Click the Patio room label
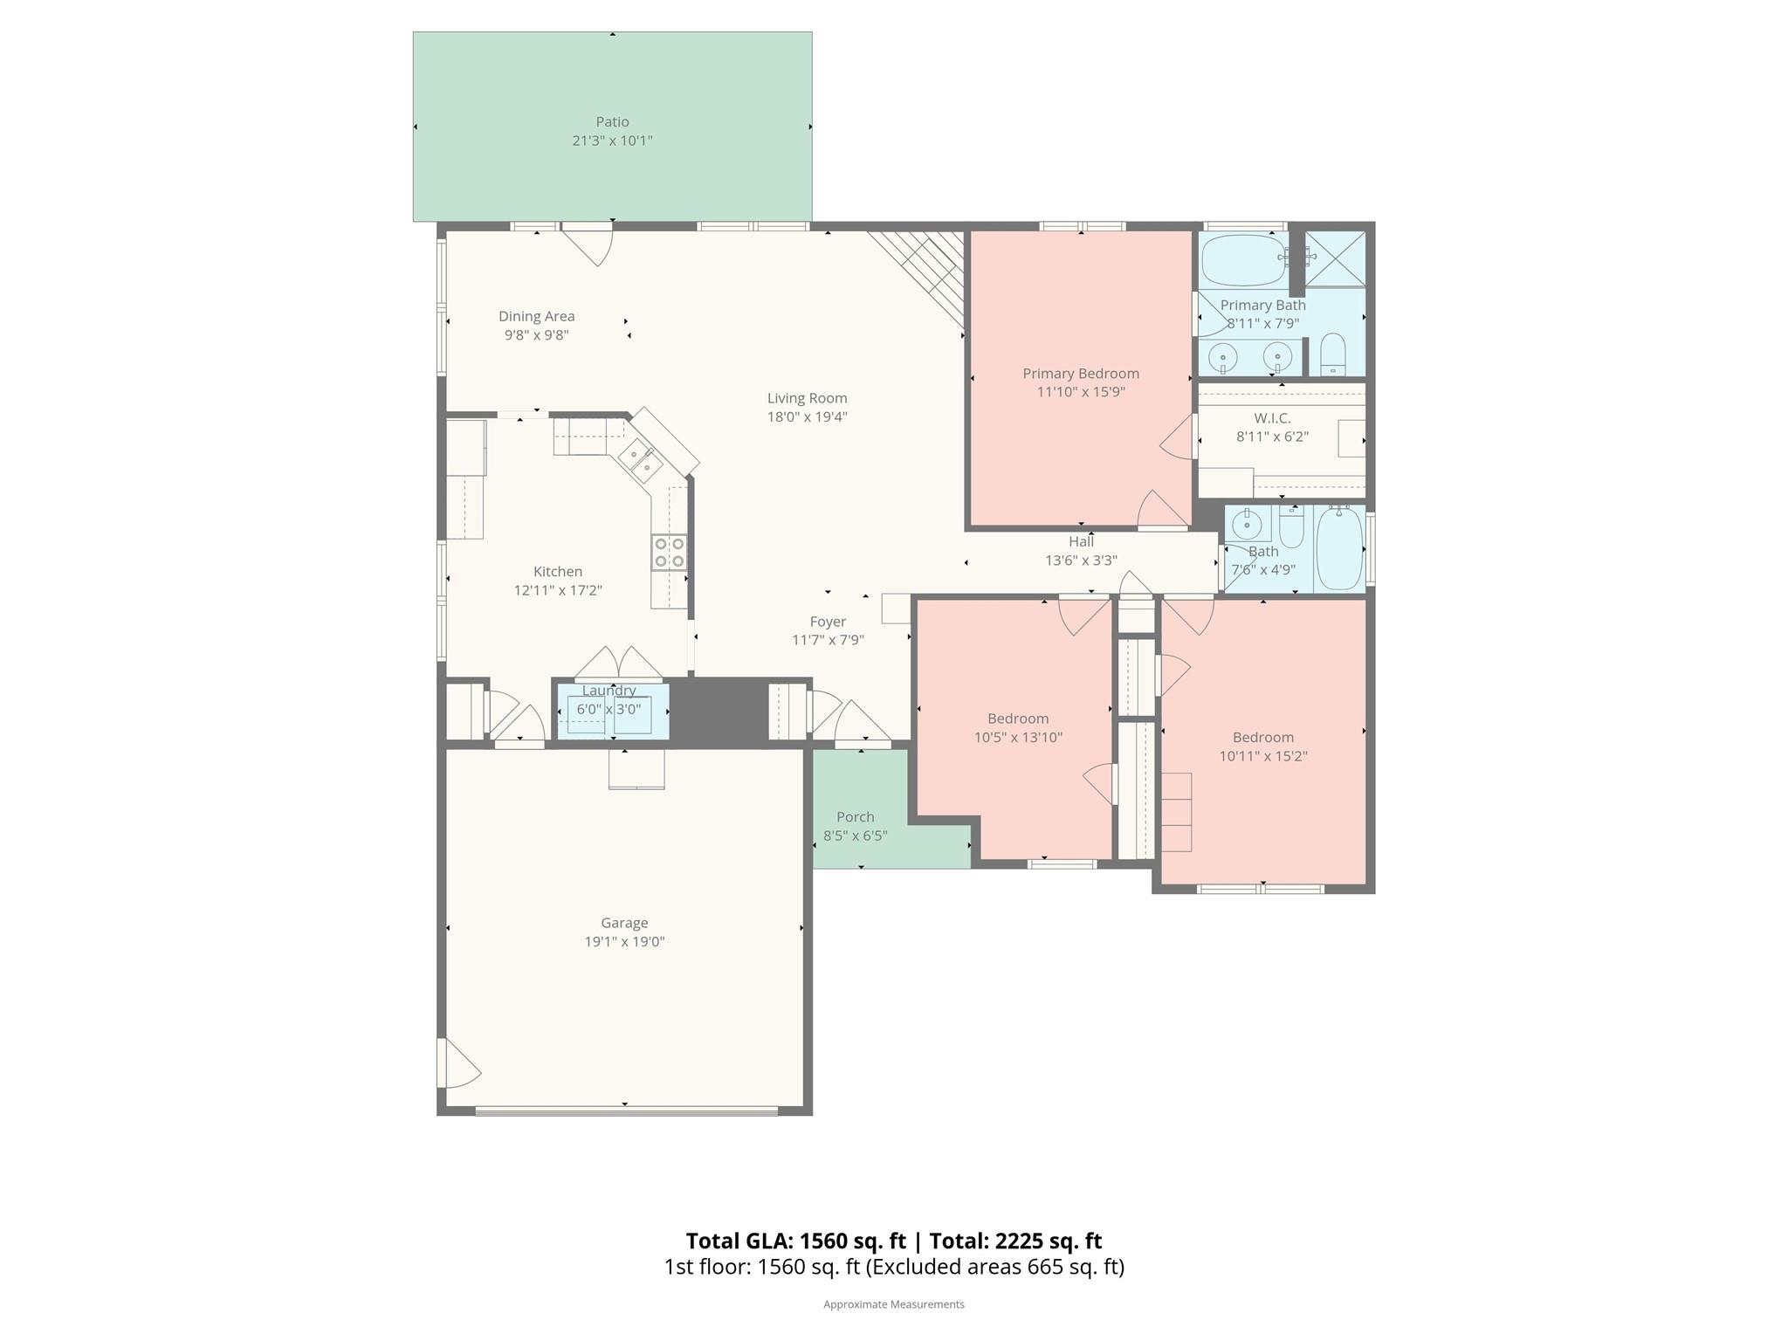[x=612, y=121]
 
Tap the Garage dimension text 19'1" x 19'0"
[x=624, y=941]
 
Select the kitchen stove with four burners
[x=669, y=553]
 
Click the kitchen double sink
[x=639, y=461]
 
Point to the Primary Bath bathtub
[x=1243, y=259]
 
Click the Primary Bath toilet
[x=1332, y=354]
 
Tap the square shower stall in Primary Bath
[x=1335, y=258]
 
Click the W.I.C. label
[x=1272, y=418]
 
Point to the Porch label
[x=855, y=816]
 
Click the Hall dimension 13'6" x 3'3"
[x=1081, y=560]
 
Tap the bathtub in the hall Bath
[x=1338, y=549]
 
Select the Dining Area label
[x=536, y=316]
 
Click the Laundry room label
[x=609, y=691]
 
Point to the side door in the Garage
[x=457, y=1062]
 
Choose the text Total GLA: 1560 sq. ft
[x=795, y=1241]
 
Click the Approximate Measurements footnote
[x=893, y=1304]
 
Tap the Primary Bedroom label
[x=1080, y=373]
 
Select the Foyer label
[x=827, y=622]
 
